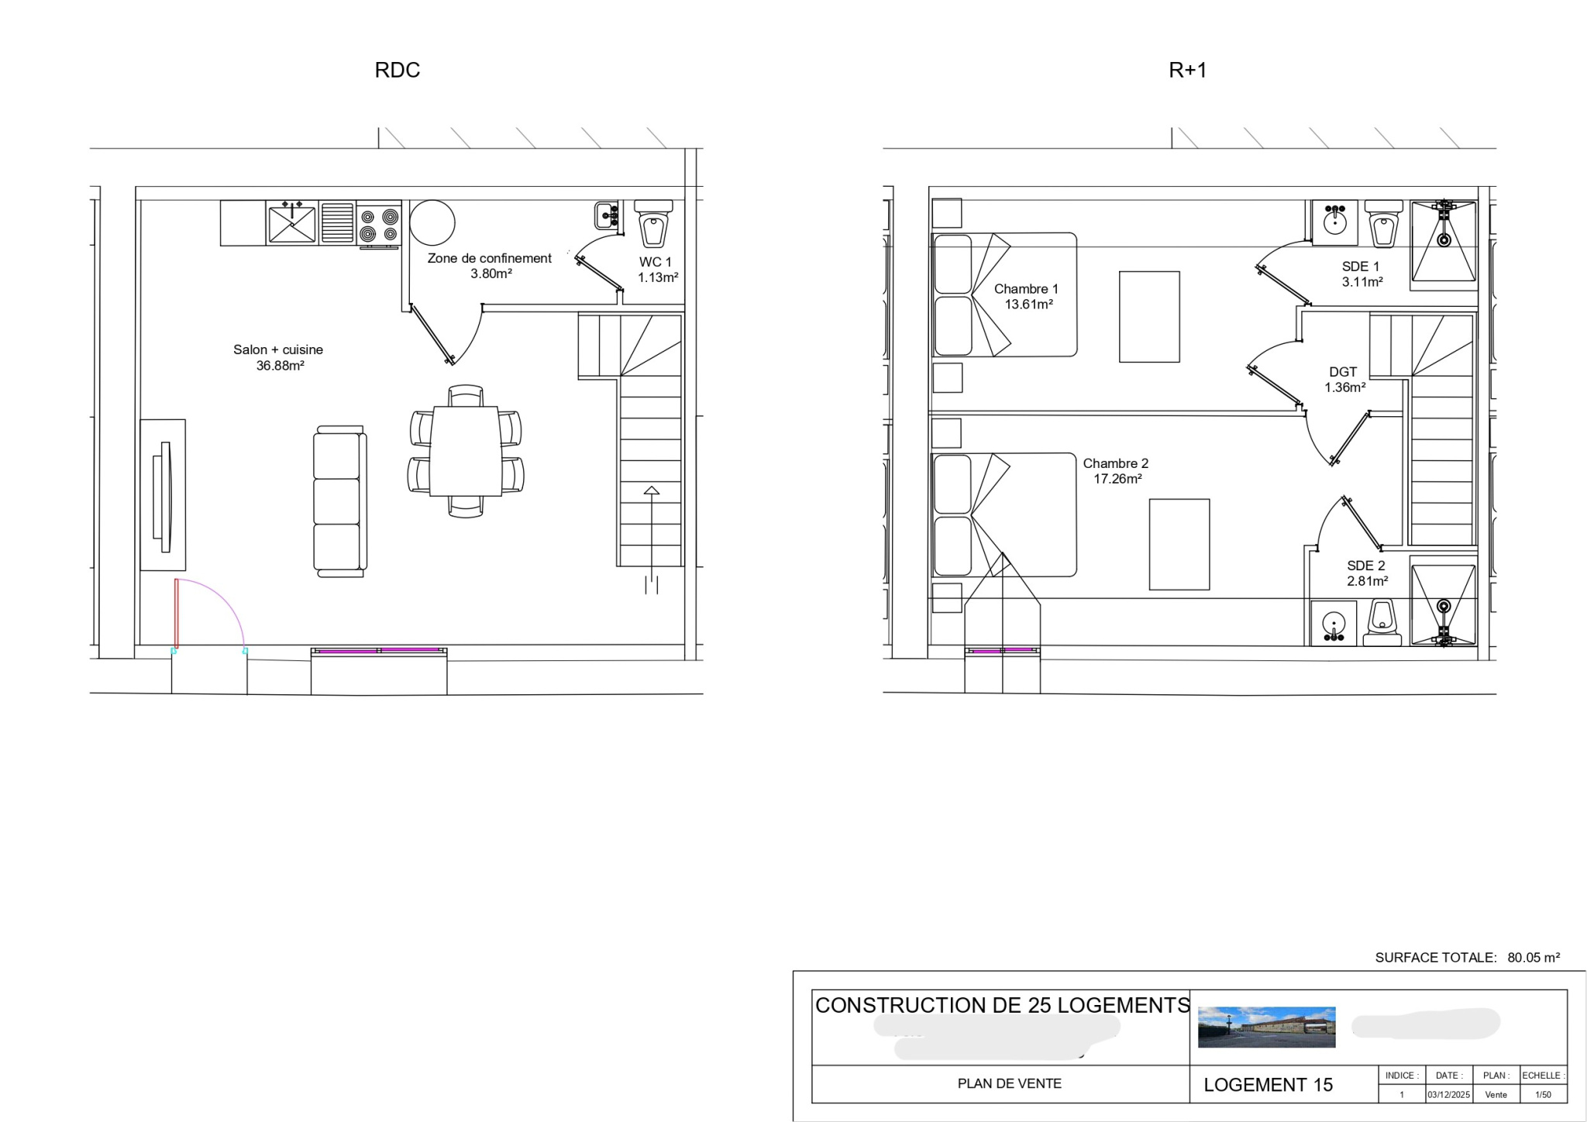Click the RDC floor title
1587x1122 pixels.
(397, 70)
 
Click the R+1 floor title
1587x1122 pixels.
(1187, 71)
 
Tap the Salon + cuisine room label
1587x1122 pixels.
(278, 357)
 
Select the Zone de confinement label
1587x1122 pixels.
(490, 265)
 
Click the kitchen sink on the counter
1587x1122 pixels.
(291, 223)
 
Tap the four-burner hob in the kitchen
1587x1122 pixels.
(379, 225)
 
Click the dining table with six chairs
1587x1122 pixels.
(466, 451)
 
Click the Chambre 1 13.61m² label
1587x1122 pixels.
(1027, 296)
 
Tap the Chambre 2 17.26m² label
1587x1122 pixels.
(1116, 470)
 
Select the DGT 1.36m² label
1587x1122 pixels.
(1344, 379)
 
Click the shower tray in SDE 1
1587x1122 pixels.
(1443, 242)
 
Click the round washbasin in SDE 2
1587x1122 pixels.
(1334, 622)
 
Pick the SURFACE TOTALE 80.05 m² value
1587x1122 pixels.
(1533, 958)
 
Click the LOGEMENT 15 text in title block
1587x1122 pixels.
(1268, 1085)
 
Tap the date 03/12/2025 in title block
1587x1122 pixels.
(1448, 1095)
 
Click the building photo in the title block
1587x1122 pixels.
(1266, 1027)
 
